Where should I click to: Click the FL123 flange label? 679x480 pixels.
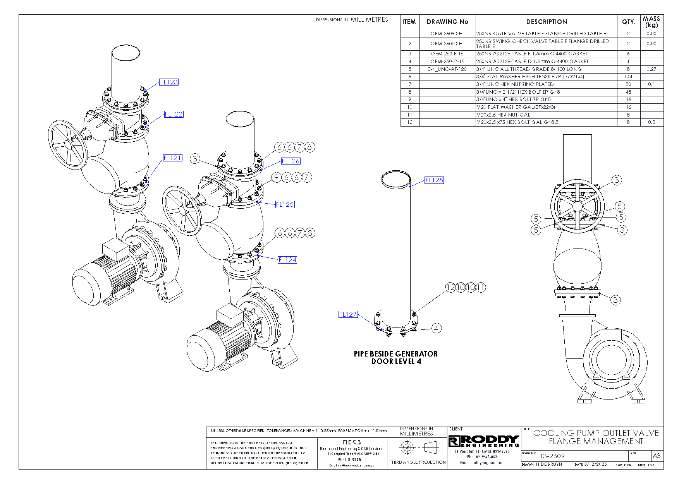pyautogui.click(x=169, y=82)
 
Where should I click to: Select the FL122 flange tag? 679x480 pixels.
pyautogui.click(x=174, y=114)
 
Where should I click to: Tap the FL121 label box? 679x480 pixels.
pyautogui.click(x=172, y=158)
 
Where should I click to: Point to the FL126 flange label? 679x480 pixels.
pyautogui.click(x=291, y=161)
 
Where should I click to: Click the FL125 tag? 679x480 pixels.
pyautogui.click(x=285, y=204)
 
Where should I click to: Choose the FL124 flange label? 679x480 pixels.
pyautogui.click(x=287, y=260)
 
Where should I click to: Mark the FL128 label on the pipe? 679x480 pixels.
pyautogui.click(x=434, y=180)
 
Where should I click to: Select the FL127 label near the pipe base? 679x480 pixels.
pyautogui.click(x=348, y=314)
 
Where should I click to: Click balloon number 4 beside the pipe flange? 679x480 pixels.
pyautogui.click(x=436, y=328)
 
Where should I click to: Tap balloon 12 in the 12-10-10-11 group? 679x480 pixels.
pyautogui.click(x=450, y=287)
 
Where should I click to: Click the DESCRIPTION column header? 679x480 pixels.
pyautogui.click(x=546, y=22)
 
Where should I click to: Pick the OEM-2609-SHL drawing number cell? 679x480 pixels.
pyautogui.click(x=447, y=34)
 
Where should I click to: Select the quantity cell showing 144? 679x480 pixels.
pyautogui.click(x=628, y=77)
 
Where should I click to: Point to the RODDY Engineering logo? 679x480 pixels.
pyautogui.click(x=484, y=441)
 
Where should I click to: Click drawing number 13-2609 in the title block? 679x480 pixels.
pyautogui.click(x=552, y=456)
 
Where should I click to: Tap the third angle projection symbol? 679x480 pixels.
pyautogui.click(x=418, y=448)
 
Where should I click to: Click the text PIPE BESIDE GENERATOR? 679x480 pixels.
pyautogui.click(x=395, y=354)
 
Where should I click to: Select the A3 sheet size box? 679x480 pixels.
pyautogui.click(x=657, y=456)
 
